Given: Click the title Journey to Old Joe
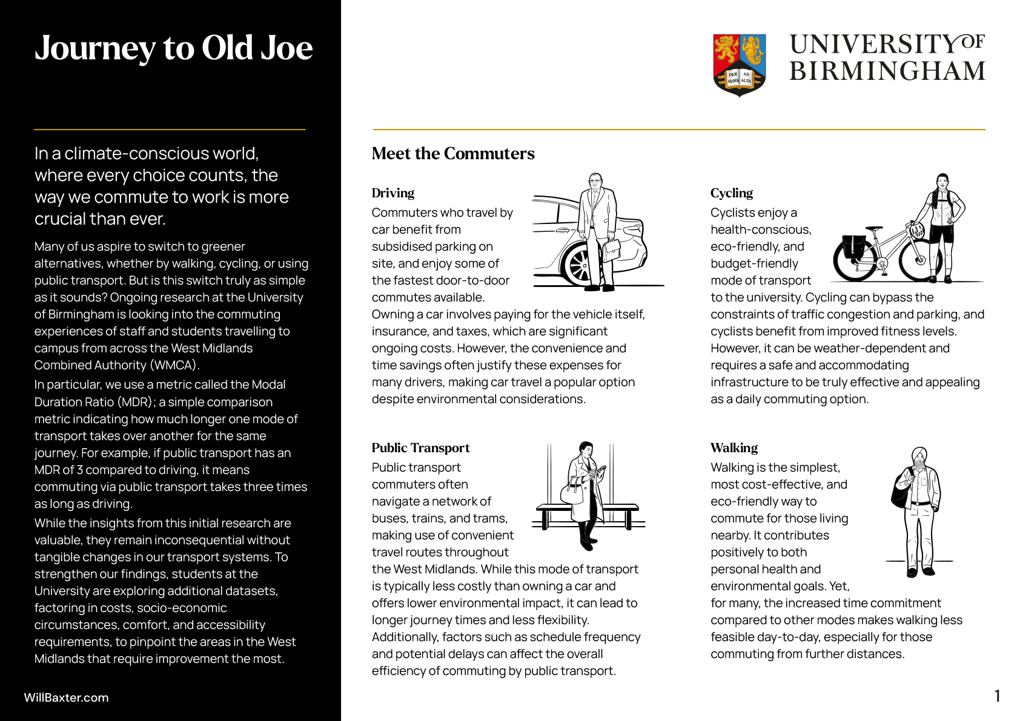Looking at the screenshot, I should point(173,48).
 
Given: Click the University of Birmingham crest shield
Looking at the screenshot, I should point(739,65).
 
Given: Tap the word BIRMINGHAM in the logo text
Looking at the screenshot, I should point(887,71).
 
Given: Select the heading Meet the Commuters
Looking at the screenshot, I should point(453,154).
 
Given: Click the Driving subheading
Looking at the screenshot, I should point(393,193).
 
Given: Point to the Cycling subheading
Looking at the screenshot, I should point(731,193).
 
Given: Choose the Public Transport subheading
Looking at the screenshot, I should point(420,448).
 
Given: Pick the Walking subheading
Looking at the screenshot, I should point(734,448).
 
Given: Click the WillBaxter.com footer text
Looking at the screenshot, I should point(66,697).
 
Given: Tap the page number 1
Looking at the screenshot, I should point(997,696).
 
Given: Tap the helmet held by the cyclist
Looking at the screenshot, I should point(916,229).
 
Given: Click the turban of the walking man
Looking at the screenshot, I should point(919,454).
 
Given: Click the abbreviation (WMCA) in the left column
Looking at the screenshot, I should point(174,365).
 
